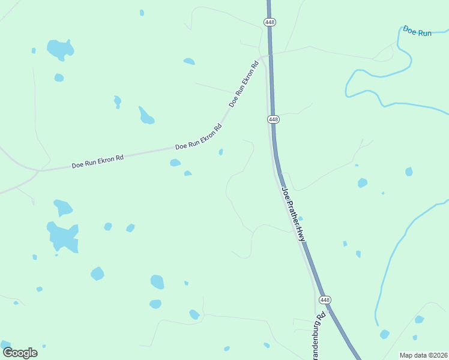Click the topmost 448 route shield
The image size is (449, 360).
[269, 22]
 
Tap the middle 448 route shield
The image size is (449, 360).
[273, 119]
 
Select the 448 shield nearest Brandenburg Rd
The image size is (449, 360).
[325, 300]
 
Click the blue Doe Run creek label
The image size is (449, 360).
[417, 31]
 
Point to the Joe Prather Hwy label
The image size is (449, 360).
[294, 214]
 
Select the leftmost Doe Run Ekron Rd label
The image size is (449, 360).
[97, 161]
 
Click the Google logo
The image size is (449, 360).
[20, 353]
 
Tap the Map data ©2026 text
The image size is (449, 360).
[423, 355]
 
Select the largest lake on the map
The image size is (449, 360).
[63, 236]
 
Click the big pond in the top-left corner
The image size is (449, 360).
[60, 49]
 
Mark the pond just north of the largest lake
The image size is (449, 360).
[62, 208]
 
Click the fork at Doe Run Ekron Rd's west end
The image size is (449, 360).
[38, 172]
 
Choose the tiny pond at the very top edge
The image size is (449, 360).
[142, 13]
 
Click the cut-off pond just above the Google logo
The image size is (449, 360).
[5, 344]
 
